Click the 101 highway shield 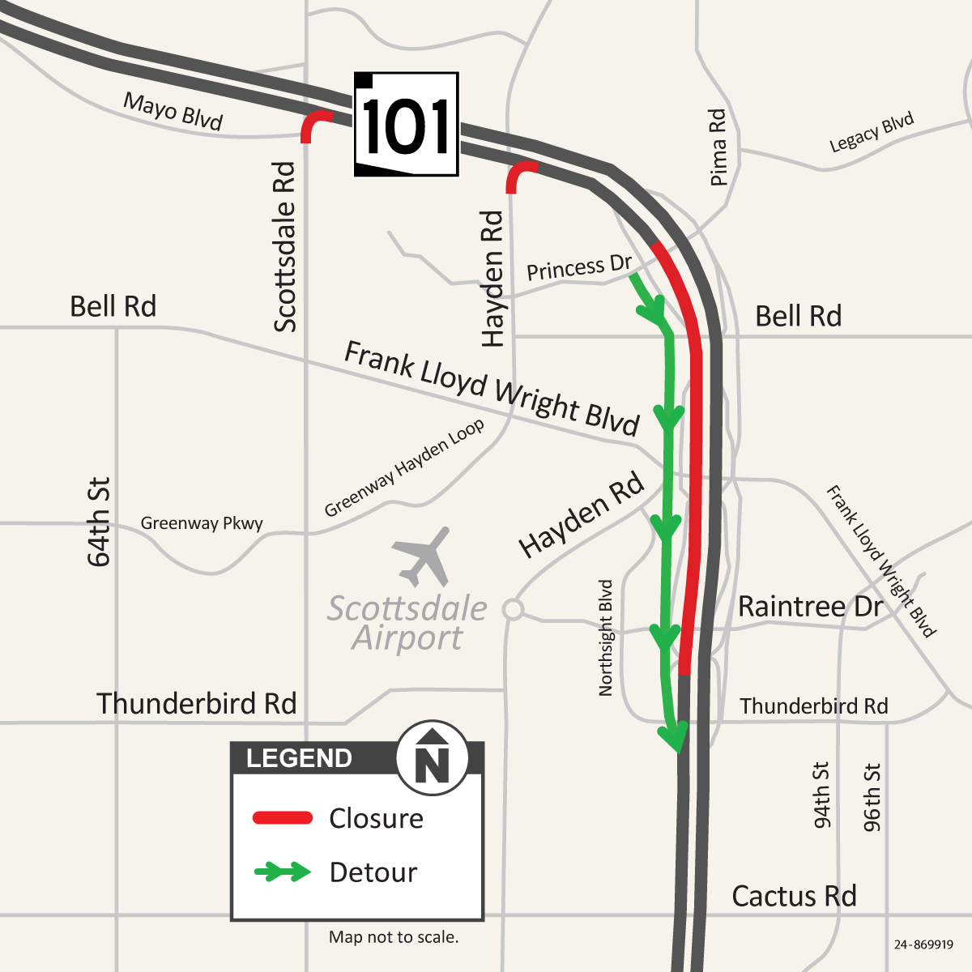point(407,125)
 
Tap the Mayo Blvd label point(173,112)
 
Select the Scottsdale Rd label point(285,247)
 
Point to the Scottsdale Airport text point(407,623)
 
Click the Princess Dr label point(578,267)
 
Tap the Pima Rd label point(718,147)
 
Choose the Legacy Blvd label point(872,133)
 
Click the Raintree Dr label point(810,606)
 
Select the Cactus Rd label point(794,896)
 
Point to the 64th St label point(99,522)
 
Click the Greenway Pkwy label point(202,523)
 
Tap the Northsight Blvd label point(606,637)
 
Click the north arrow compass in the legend point(432,758)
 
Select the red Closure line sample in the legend point(283,818)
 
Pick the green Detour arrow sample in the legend point(283,872)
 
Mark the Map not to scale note point(394,937)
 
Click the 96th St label point(872,797)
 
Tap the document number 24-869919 point(923,944)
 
